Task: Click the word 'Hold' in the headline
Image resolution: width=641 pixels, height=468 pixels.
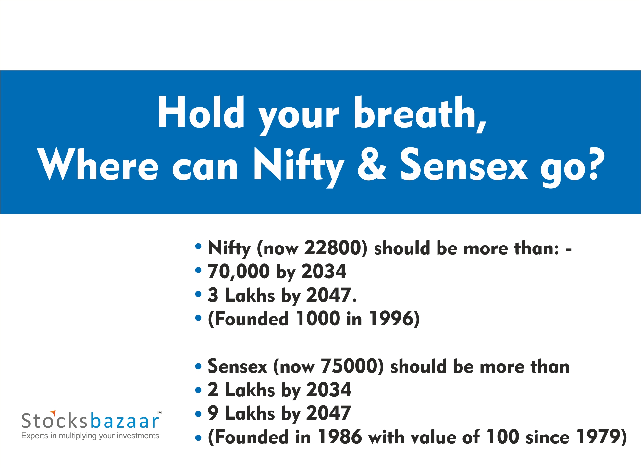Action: point(201,112)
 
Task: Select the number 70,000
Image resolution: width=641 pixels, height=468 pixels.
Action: point(239,272)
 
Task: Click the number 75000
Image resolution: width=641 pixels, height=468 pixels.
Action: point(349,366)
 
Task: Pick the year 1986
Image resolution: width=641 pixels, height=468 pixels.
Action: point(339,436)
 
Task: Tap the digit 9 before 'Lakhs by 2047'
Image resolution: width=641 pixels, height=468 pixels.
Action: point(213,413)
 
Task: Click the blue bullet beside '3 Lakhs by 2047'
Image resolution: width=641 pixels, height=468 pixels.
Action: point(198,294)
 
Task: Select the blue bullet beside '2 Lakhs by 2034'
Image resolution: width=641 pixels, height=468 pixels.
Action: point(198,390)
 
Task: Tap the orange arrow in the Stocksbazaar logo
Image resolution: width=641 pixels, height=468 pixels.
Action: point(53,412)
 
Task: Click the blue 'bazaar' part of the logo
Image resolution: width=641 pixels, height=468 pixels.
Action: point(124,421)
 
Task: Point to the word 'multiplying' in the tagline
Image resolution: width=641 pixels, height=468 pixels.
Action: point(78,436)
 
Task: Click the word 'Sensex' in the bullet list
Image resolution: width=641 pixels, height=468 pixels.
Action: point(238,366)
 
